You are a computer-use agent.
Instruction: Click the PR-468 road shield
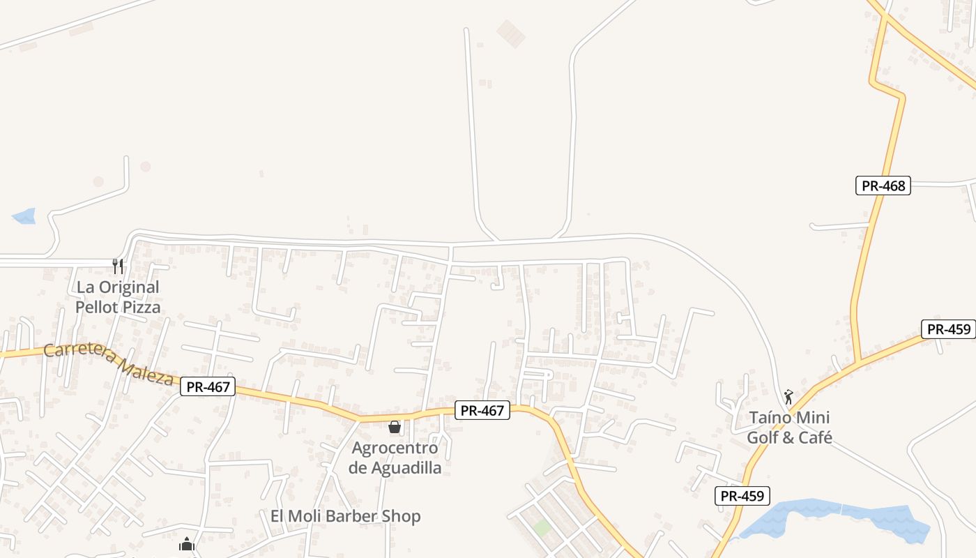tap(883, 186)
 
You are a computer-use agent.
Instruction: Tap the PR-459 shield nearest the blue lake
tap(742, 496)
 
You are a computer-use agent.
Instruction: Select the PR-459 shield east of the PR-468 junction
tap(948, 329)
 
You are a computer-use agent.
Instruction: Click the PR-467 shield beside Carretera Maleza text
tap(208, 386)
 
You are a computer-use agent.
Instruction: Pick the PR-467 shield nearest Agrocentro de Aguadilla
tap(482, 410)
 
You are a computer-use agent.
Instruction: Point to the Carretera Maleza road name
tap(108, 363)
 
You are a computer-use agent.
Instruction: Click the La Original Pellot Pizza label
tap(118, 297)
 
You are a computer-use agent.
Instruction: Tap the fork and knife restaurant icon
tap(118, 266)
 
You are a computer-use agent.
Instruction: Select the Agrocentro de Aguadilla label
tap(395, 458)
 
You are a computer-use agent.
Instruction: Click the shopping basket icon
tap(395, 427)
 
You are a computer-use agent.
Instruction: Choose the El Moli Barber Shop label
tap(346, 516)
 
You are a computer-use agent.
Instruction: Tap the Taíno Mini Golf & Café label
tap(789, 428)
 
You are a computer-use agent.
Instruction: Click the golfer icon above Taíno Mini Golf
tap(788, 397)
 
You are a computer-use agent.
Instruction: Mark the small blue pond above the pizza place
tap(24, 216)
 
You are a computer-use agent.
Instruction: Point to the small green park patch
tap(542, 527)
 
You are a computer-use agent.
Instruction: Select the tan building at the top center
tap(511, 33)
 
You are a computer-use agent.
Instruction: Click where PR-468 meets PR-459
tap(859, 361)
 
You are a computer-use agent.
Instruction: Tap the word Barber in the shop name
tap(343, 516)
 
